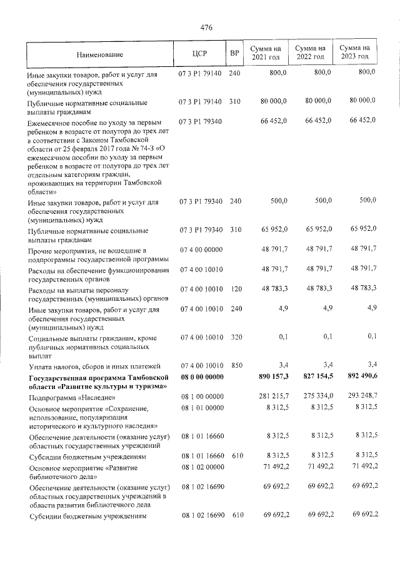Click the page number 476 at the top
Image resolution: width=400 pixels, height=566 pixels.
[x=207, y=28]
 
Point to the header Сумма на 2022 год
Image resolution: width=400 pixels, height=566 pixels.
[x=310, y=53]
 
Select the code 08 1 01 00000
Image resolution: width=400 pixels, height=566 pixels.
[x=201, y=408]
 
